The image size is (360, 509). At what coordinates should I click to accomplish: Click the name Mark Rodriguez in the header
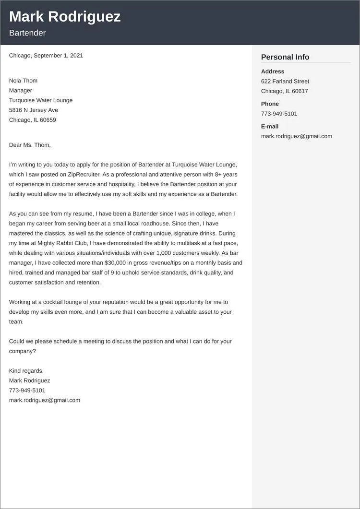[x=65, y=17]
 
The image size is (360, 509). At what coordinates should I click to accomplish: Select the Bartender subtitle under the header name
[x=27, y=33]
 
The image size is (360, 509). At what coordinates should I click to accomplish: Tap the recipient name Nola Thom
[x=23, y=81]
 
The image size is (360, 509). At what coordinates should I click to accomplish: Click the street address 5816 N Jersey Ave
[x=34, y=110]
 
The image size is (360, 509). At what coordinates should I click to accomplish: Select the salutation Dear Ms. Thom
[x=30, y=145]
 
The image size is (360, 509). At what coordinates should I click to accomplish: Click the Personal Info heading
[x=285, y=57]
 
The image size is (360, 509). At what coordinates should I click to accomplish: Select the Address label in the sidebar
[x=273, y=71]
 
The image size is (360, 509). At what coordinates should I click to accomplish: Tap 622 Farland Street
[x=285, y=82]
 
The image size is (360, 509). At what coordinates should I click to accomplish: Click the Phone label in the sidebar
[x=270, y=104]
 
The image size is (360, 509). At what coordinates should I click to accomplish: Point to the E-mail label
[x=270, y=126]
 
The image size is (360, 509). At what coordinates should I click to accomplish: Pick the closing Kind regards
[x=26, y=371]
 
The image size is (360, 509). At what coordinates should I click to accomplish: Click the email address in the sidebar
[x=297, y=136]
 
